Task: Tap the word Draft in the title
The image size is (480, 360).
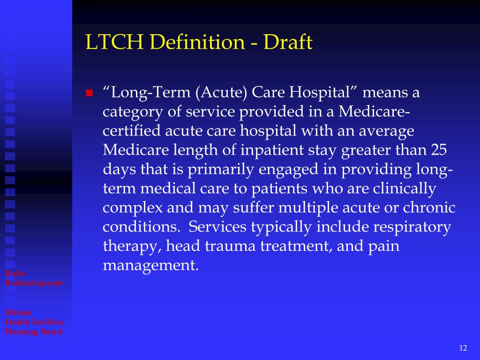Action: coord(287,43)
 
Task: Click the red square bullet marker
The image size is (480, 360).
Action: coord(89,93)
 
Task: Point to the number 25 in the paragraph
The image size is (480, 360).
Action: coord(440,150)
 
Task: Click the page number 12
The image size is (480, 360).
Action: coord(463,347)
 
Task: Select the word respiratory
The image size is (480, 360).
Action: coord(412,227)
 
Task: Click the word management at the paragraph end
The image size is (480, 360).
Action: coord(150,266)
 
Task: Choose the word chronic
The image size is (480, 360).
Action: coord(428,208)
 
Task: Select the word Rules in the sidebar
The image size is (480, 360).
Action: coord(15,273)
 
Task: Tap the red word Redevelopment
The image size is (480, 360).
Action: coord(34,283)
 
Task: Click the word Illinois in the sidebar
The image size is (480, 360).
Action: coord(18,313)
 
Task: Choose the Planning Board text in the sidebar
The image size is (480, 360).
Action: coord(33,332)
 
